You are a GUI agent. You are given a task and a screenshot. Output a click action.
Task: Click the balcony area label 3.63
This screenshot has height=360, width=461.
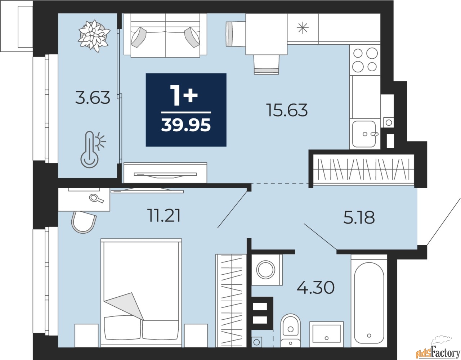pyautogui.click(x=93, y=98)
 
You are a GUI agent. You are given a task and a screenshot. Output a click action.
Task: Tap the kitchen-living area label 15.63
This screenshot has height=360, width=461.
pyautogui.click(x=288, y=110)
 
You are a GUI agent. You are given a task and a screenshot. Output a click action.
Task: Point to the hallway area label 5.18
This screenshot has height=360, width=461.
pyautogui.click(x=359, y=217)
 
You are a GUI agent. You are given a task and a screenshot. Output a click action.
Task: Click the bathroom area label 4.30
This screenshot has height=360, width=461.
pyautogui.click(x=315, y=288)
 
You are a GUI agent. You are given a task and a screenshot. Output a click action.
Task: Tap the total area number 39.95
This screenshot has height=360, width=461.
pyautogui.click(x=186, y=125)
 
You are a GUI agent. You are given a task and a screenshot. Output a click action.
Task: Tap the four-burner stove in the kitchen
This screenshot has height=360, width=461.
pyautogui.click(x=365, y=60)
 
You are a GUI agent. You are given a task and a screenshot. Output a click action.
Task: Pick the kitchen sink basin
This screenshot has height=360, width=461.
pyautogui.click(x=364, y=134)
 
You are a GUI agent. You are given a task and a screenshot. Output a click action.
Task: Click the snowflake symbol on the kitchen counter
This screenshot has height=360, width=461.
pyautogui.click(x=303, y=28)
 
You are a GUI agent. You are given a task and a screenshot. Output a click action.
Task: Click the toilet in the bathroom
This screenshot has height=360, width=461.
pyautogui.click(x=290, y=331)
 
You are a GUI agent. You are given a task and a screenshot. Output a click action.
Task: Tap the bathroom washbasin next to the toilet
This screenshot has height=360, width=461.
pyautogui.click(x=327, y=334)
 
